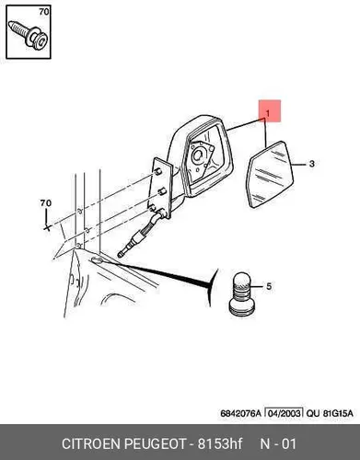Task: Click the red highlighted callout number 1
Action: (x=268, y=113)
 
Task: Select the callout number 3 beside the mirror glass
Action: (x=312, y=164)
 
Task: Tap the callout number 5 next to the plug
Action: (x=269, y=286)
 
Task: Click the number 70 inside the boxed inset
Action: (x=44, y=12)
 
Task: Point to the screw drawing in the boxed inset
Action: (x=29, y=35)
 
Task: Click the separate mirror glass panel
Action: (x=271, y=174)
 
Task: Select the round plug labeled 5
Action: (x=242, y=294)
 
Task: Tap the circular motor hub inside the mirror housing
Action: (x=197, y=156)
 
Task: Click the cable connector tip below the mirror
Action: (x=122, y=254)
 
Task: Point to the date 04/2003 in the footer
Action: (x=284, y=413)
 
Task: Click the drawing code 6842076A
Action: (x=240, y=413)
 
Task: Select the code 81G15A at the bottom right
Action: (x=338, y=413)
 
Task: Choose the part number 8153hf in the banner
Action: (x=220, y=443)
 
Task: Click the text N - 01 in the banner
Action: (x=278, y=443)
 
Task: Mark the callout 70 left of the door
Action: (x=46, y=203)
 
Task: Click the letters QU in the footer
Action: (x=313, y=413)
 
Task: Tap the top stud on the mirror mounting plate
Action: (x=157, y=172)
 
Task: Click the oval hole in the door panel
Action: (x=98, y=260)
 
